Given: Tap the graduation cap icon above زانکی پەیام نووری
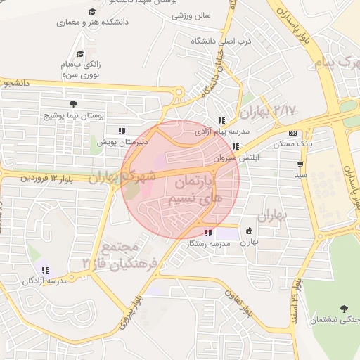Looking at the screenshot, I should [x=80, y=54].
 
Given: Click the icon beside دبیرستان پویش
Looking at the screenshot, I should [x=122, y=131].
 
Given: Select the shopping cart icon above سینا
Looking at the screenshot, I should [x=300, y=165].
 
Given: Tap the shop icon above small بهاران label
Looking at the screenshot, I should [x=249, y=231].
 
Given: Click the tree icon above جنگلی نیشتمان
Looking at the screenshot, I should [x=344, y=309].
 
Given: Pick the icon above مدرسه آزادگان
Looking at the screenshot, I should [x=46, y=271].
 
